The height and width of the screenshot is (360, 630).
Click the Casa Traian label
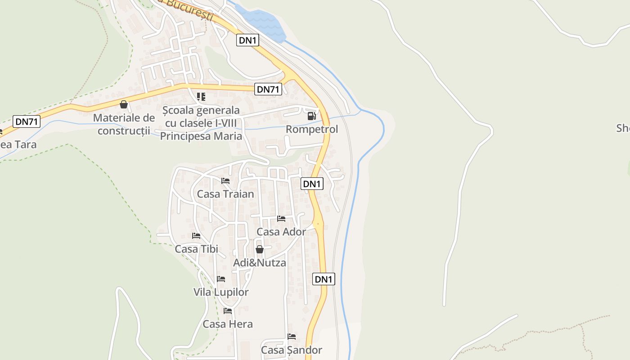(x=225, y=194)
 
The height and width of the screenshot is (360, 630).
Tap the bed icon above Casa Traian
(x=225, y=181)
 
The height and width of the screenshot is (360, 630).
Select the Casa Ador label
(x=281, y=232)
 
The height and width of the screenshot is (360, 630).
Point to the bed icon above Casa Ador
(x=281, y=219)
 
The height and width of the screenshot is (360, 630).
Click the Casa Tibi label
(x=196, y=249)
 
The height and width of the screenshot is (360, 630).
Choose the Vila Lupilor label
(x=221, y=292)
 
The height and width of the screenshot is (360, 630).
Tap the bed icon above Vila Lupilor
(x=221, y=279)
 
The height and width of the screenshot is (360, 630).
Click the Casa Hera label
(x=228, y=324)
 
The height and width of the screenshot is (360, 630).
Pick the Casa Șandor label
(x=292, y=350)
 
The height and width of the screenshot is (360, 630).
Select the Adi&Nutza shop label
(x=260, y=262)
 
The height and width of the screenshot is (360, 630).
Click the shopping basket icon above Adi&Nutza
(x=260, y=249)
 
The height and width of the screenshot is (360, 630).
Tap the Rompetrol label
(x=312, y=129)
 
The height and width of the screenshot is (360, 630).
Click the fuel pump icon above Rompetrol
(x=311, y=116)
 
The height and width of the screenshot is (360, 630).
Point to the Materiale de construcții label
(x=124, y=124)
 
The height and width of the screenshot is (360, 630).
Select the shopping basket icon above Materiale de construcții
(x=124, y=105)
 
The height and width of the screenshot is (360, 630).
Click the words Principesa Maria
(x=201, y=136)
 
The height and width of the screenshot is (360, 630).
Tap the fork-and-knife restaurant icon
(x=201, y=97)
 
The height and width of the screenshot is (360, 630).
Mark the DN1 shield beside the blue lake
(x=248, y=40)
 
